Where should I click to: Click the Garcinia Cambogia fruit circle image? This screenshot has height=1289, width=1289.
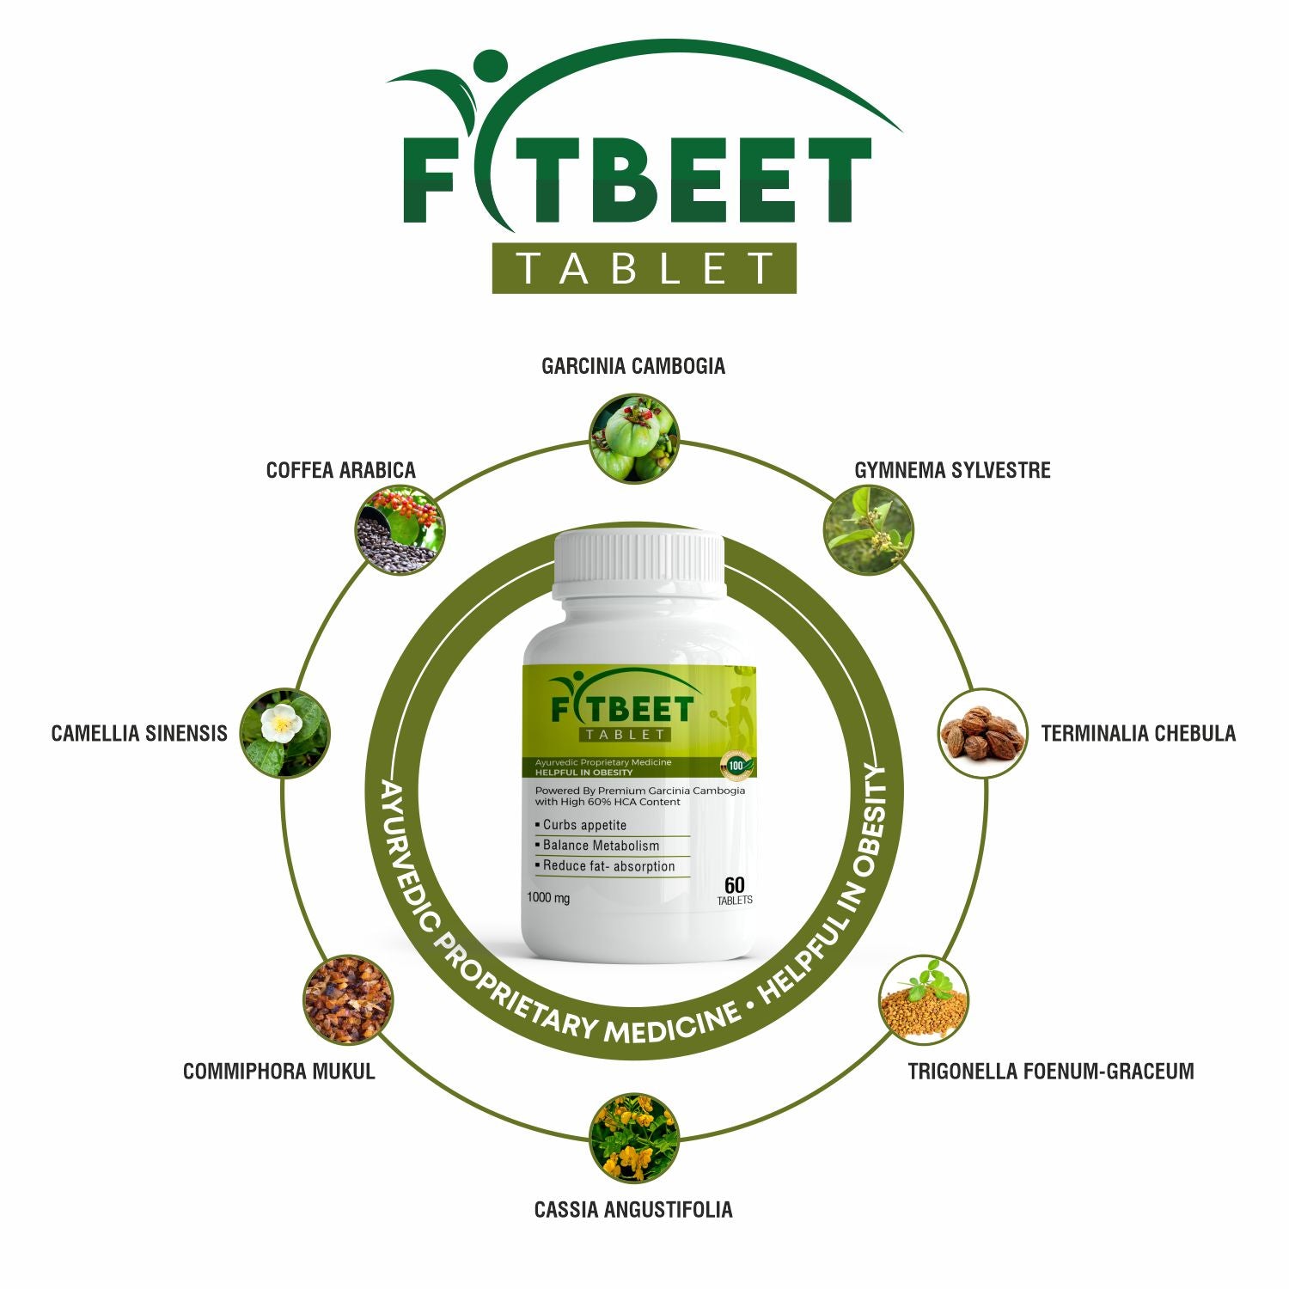634,438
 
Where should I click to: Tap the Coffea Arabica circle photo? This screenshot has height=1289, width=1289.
400,530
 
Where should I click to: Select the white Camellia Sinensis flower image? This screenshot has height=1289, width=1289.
284,733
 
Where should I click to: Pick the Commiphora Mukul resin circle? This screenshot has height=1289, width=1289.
348,1000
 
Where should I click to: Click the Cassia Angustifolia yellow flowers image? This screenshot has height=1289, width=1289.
634,1138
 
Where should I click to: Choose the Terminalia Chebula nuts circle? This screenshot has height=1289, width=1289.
982,733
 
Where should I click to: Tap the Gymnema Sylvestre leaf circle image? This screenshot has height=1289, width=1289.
868,530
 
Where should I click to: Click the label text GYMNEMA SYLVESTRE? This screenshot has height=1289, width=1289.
952,470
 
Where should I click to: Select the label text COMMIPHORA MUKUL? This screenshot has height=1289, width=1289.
279,1072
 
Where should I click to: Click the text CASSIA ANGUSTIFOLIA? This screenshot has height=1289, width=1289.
633,1210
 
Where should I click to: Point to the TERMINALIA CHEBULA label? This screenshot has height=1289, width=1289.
1138,733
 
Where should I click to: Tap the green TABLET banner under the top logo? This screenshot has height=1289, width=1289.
644,268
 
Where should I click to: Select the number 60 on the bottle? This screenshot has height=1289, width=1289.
734,885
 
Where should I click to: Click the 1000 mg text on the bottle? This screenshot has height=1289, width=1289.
548,899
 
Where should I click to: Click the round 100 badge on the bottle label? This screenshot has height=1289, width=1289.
736,764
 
